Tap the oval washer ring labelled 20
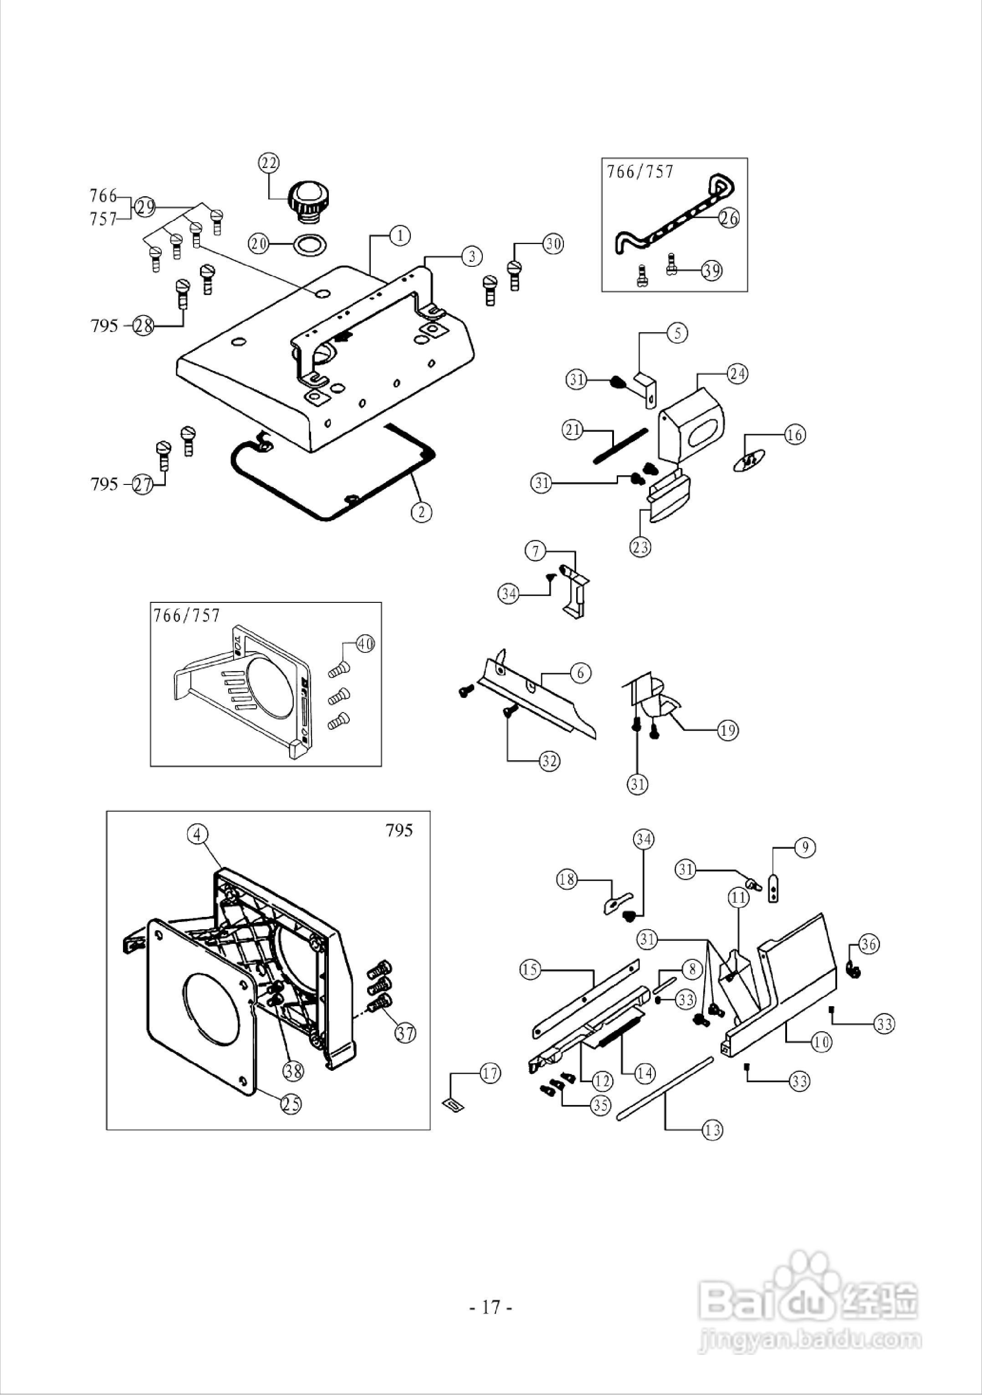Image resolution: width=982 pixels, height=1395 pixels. coord(309,245)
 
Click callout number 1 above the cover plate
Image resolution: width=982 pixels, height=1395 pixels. coord(400,235)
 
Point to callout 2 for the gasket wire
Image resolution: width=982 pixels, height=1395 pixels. coord(422,512)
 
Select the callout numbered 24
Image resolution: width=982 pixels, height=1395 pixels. coord(738,374)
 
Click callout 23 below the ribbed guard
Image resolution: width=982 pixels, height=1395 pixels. coord(640,547)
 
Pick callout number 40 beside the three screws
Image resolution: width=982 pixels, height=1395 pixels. coord(364,644)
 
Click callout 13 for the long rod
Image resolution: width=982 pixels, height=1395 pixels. coord(712,1130)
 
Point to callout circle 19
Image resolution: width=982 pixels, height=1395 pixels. coord(728,730)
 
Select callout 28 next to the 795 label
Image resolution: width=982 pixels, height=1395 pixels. coord(143,326)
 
